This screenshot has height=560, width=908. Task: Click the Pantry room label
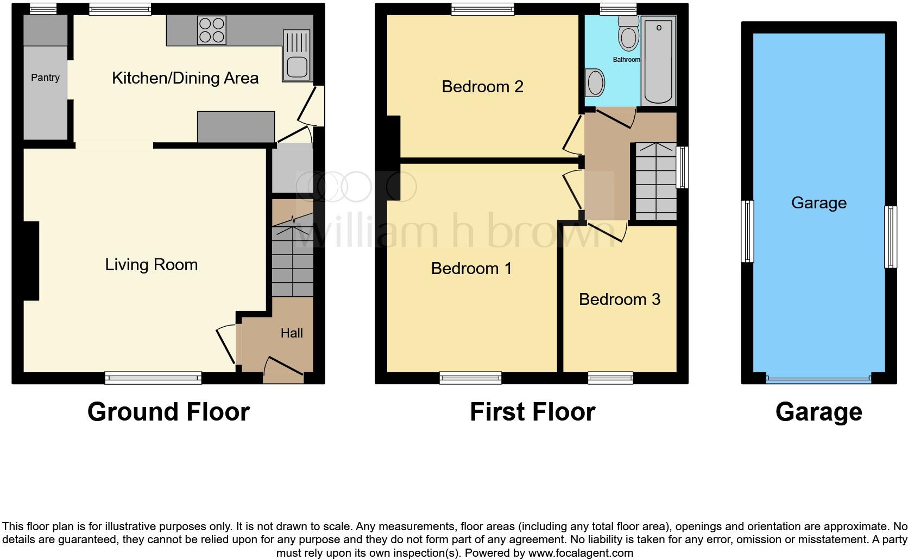coord(45,78)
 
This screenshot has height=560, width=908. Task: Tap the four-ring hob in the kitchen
coord(212,30)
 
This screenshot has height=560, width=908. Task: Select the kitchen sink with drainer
coord(297,55)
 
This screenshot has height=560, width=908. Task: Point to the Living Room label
coord(151,265)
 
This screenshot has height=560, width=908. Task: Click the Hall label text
coord(292,333)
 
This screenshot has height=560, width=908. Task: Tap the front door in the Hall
coord(283,367)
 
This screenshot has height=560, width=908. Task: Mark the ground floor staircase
coord(293,255)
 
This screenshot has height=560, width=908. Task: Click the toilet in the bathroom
coord(629,34)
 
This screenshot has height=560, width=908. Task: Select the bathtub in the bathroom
coord(658,61)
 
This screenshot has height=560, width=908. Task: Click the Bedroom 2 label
coord(482,87)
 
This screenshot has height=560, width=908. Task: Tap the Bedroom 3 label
coord(619,300)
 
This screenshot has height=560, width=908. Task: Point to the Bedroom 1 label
coord(471,269)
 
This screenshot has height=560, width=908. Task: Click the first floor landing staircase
coord(655,181)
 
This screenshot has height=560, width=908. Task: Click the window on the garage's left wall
coord(748,231)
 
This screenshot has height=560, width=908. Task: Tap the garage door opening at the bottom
coord(818,379)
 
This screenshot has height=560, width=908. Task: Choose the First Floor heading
coord(532,412)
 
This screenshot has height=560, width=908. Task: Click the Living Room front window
coord(153,378)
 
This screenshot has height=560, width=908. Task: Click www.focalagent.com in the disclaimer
coord(580,553)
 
